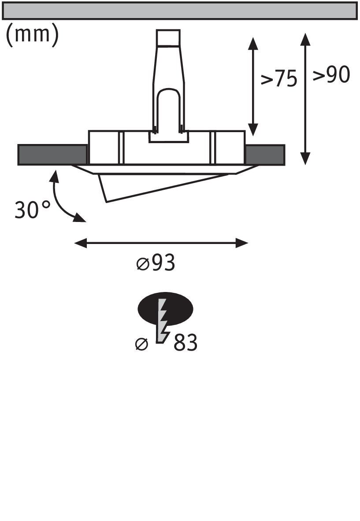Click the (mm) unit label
click(x=32, y=35)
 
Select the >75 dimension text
click(x=279, y=79)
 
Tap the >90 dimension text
click(x=331, y=75)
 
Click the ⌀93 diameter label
click(x=156, y=263)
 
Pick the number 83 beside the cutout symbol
click(x=185, y=343)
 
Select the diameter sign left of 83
click(x=141, y=344)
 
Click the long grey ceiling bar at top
click(x=180, y=11)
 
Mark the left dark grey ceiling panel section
click(x=52, y=155)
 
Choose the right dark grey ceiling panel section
click(x=265, y=155)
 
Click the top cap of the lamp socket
click(x=168, y=37)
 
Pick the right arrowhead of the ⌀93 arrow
click(x=242, y=243)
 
